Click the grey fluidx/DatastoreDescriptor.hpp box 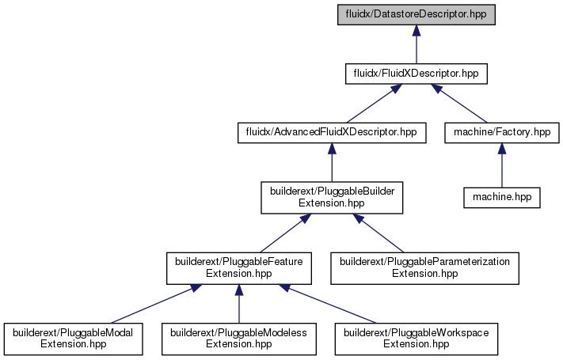(x=417, y=15)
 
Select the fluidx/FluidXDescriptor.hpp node (x=417, y=74)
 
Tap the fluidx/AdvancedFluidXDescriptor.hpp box (x=332, y=133)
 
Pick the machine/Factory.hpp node (x=502, y=133)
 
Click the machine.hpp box (x=502, y=198)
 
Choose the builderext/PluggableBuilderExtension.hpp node (x=332, y=198)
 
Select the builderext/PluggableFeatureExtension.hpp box (x=239, y=268)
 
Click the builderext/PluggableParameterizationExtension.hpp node (x=424, y=268)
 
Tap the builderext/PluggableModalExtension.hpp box (x=74, y=339)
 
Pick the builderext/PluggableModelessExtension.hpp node (x=239, y=339)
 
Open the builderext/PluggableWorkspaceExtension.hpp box (x=417, y=339)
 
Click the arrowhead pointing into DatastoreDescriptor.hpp (x=417, y=31)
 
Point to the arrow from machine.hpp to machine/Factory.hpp (x=502, y=165)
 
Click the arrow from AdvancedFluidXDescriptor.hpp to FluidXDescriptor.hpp (x=374, y=104)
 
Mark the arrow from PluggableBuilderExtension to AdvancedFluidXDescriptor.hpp (x=332, y=162)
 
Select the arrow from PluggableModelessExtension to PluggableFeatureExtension (x=239, y=304)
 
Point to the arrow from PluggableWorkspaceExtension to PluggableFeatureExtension (x=327, y=304)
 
